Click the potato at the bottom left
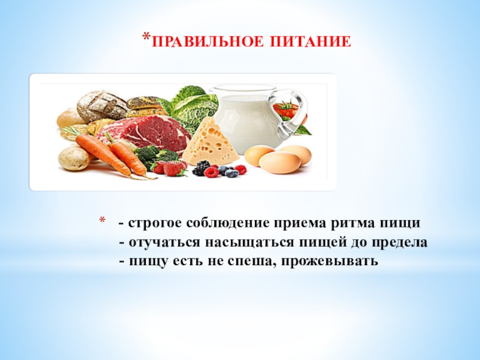coord(74,158)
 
